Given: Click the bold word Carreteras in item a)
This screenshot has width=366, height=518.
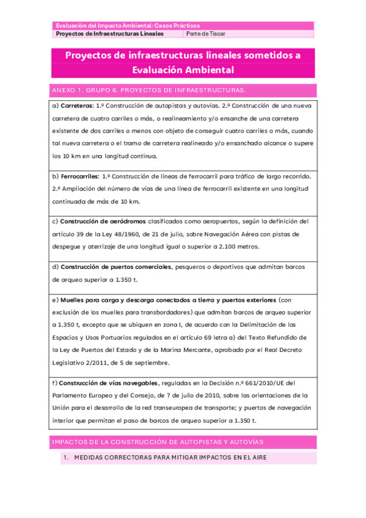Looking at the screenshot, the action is [77, 105].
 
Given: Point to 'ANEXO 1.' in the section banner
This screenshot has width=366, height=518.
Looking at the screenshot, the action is [67, 90].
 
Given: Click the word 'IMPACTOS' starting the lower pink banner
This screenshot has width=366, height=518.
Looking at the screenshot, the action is [70, 441].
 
